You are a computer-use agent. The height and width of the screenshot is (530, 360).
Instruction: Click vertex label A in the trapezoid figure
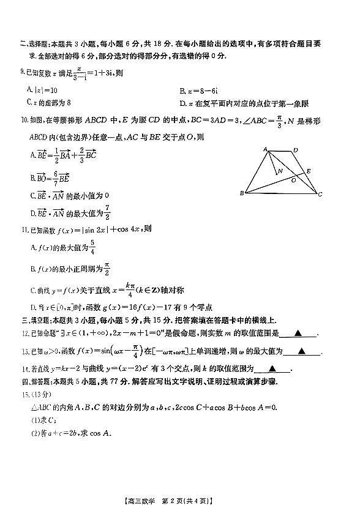point(265,149)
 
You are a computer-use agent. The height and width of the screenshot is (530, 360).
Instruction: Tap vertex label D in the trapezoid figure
point(295,149)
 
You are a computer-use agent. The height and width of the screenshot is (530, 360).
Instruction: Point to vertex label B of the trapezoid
point(242,194)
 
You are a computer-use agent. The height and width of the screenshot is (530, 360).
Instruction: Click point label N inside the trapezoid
point(279,172)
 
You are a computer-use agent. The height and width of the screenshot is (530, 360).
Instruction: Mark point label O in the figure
point(293,180)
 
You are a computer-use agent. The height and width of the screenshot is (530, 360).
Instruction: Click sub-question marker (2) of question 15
point(26,434)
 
